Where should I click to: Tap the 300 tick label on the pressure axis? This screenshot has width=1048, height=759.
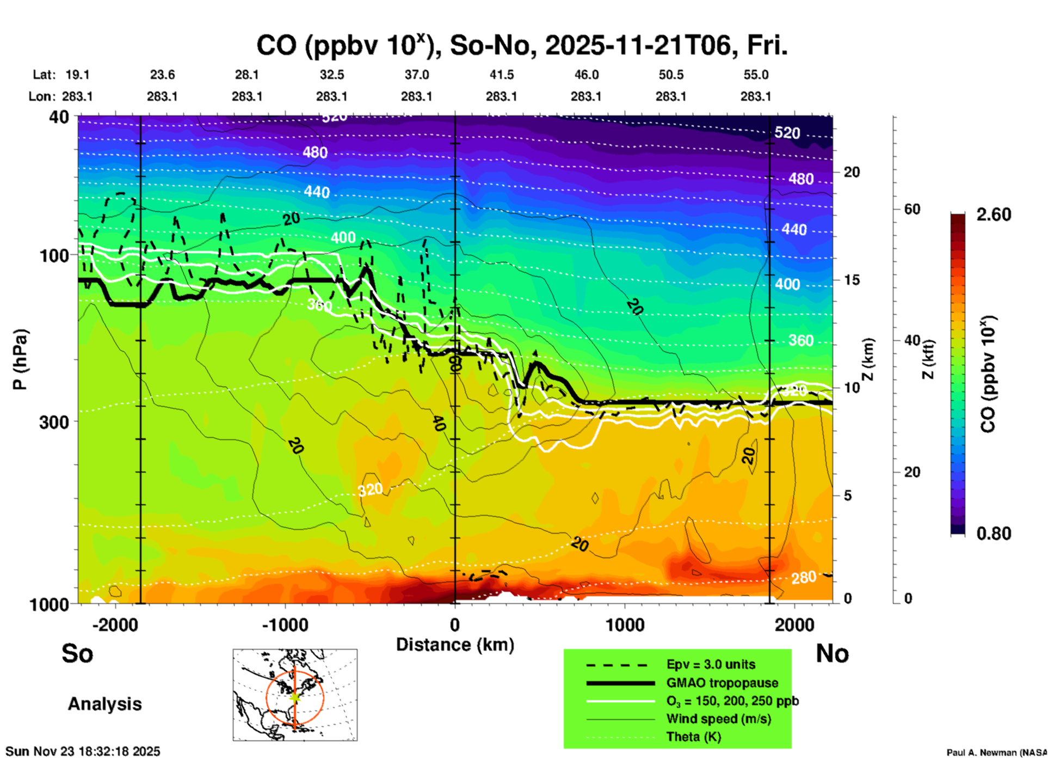click(54, 422)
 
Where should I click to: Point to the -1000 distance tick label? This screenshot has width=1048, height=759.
click(285, 625)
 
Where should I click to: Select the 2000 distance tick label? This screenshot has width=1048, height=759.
click(794, 625)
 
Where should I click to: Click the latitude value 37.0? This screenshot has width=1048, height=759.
click(416, 75)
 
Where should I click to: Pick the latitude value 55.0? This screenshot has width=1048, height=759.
click(756, 75)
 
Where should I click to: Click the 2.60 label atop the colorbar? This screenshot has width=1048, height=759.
click(994, 215)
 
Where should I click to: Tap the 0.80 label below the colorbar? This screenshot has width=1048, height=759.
click(994, 534)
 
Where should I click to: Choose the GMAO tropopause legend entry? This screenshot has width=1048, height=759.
click(722, 683)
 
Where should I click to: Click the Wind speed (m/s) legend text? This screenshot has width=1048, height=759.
click(718, 719)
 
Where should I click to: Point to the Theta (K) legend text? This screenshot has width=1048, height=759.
click(694, 737)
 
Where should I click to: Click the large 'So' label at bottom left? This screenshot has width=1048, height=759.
click(77, 653)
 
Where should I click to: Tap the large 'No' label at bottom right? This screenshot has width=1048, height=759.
click(832, 653)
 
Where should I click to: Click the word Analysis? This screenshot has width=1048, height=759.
click(104, 704)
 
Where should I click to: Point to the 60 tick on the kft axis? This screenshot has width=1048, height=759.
click(912, 209)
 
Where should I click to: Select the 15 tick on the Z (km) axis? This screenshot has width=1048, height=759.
click(852, 280)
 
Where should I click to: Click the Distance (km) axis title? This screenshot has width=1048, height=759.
click(455, 645)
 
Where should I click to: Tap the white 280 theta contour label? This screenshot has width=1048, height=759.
click(804, 578)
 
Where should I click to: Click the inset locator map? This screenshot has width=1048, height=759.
click(295, 695)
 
